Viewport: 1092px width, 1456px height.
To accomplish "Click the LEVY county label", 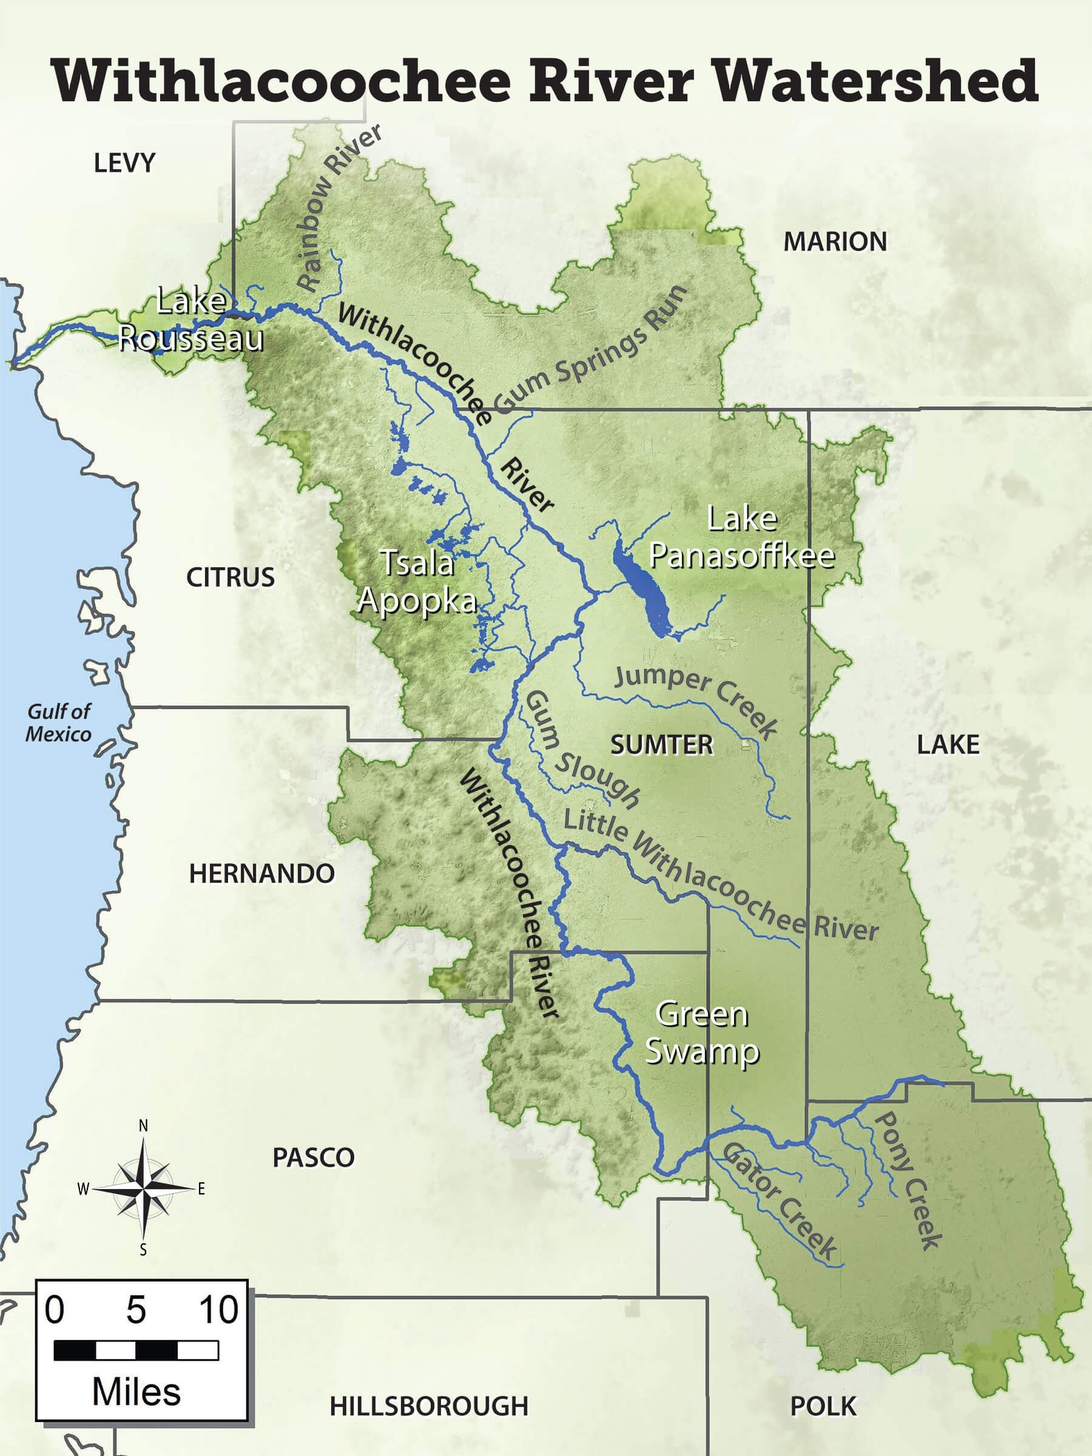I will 124,163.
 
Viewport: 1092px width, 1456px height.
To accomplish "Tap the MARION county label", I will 835,241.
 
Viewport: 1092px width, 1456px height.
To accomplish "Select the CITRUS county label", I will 231,578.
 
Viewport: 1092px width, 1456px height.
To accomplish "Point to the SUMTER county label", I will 661,744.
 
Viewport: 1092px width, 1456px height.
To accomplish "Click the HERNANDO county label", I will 262,874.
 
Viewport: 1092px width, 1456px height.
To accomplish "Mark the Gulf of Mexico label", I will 59,722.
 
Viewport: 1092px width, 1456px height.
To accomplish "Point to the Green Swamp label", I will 702,1032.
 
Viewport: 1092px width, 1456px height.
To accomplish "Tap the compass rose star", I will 144,1188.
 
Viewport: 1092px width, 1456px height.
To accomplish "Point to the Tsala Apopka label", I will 417,581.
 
